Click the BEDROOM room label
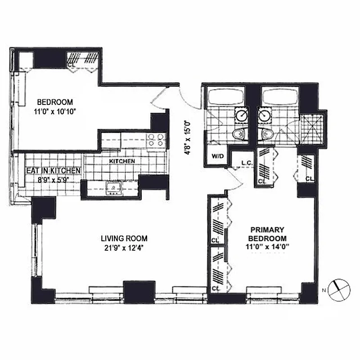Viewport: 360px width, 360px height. (54, 102)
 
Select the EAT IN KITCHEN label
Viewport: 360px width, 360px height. (53, 171)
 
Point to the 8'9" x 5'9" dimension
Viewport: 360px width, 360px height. (53, 179)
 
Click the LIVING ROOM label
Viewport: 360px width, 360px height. (124, 238)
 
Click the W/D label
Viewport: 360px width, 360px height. (217, 157)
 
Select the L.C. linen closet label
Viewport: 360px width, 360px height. (246, 163)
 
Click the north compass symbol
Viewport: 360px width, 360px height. (338, 289)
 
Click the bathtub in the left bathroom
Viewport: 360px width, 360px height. (225, 97)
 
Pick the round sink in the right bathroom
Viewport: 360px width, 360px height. (264, 115)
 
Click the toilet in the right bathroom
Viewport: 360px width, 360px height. (266, 134)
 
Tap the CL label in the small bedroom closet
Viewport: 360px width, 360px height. (71, 65)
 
